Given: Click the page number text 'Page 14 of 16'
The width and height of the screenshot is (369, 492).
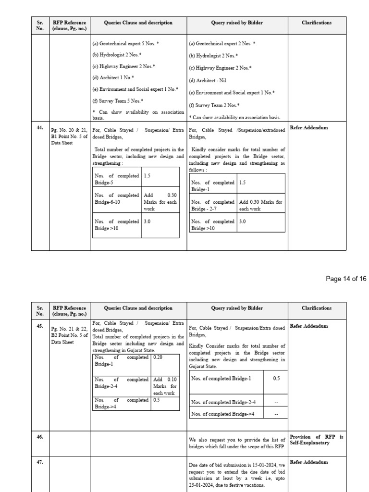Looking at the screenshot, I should tap(346, 279).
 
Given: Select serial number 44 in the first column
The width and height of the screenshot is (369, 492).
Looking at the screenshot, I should tap(40, 128).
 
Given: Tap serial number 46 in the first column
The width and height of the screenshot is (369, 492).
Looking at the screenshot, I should tap(40, 437).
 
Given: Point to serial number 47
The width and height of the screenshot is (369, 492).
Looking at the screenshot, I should tap(40, 462).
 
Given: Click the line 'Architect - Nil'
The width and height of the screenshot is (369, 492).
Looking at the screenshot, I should tap(208, 81).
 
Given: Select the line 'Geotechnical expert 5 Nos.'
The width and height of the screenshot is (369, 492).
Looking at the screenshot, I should tap(125, 43).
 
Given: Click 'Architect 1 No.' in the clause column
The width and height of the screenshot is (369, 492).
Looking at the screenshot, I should tap(113, 77).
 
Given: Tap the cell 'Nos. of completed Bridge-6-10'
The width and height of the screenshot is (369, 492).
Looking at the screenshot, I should tap(117, 199).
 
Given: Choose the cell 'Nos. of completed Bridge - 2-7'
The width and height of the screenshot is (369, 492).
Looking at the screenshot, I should tap(213, 205).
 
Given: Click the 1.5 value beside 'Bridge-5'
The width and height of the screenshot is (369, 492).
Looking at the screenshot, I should tap(147, 176).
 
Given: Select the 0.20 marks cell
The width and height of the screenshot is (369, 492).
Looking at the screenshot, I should tap(158, 357).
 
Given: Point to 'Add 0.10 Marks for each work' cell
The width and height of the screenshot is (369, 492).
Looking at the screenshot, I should tap(165, 386).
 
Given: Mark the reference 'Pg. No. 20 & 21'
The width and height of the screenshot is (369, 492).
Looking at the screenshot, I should tap(69, 130).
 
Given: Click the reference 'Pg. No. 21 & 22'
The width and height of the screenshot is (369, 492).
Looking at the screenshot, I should tap(69, 329).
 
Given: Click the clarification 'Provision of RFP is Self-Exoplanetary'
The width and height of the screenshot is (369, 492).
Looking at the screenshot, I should tap(316, 440).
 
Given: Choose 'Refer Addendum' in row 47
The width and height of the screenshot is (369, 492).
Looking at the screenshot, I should tap(309, 462).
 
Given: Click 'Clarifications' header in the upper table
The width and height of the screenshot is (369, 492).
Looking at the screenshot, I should tap(317, 23).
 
